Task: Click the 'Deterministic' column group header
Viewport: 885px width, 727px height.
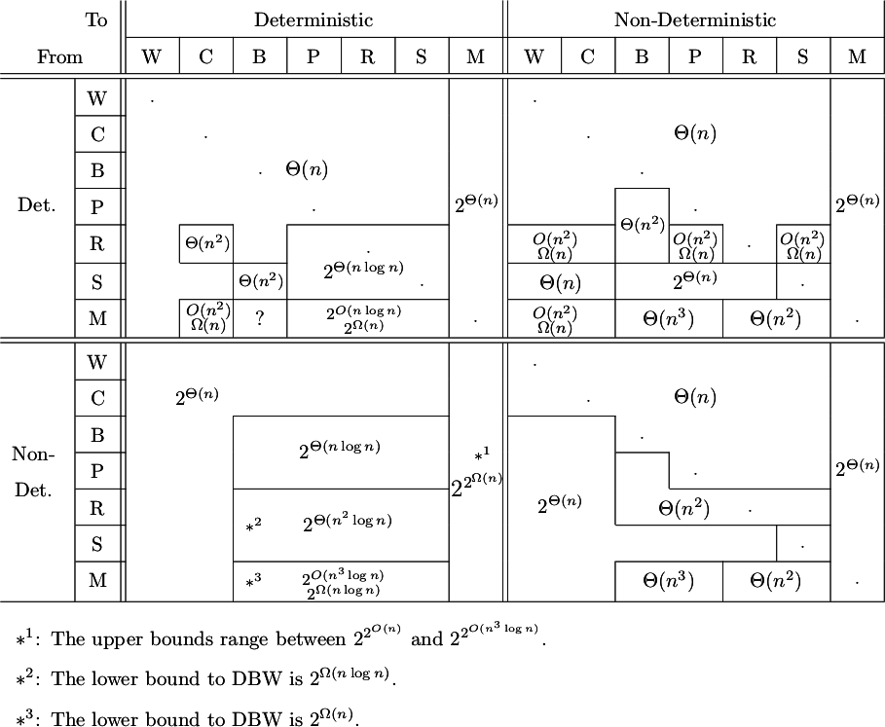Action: [x=313, y=19]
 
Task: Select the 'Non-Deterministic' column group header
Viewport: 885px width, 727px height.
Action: [x=694, y=19]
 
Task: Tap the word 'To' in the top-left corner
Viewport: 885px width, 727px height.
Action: [x=95, y=19]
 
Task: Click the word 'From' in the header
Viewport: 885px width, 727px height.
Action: [x=59, y=56]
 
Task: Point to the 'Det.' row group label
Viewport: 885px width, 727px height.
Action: [x=37, y=206]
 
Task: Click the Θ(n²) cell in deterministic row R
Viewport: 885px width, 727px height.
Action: [x=205, y=243]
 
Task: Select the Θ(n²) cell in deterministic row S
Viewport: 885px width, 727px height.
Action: [x=260, y=282]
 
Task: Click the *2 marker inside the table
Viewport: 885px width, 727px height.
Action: [x=253, y=525]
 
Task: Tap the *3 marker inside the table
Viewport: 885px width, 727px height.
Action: [x=253, y=582]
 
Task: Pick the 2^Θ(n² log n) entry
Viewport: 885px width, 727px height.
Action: [x=347, y=522]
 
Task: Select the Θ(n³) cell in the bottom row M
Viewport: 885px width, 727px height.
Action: [x=668, y=582]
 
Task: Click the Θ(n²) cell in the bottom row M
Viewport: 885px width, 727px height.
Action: [x=775, y=582]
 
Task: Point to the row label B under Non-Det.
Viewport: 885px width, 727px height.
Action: [x=96, y=435]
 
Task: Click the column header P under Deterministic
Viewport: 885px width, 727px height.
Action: [x=313, y=56]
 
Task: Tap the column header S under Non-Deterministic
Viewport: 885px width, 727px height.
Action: [x=802, y=56]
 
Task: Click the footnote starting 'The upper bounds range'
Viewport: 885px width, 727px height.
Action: [x=282, y=639]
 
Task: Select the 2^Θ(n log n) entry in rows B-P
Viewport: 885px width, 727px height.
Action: [x=339, y=450]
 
